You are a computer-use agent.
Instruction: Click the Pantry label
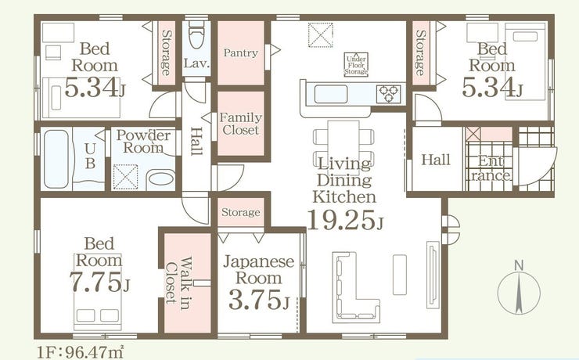(240, 52)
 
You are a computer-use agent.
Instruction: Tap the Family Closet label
(240, 124)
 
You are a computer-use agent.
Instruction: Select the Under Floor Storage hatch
(356, 65)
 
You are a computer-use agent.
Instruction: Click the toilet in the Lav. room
(197, 35)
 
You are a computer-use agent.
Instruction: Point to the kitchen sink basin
(331, 94)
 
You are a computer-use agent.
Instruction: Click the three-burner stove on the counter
(388, 94)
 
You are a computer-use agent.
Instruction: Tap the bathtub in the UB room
(56, 159)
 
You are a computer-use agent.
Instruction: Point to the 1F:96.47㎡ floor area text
(80, 351)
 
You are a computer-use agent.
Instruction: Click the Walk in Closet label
(178, 280)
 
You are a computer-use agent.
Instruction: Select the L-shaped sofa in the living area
(356, 287)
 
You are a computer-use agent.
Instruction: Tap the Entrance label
(490, 168)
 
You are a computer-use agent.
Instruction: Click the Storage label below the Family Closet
(241, 212)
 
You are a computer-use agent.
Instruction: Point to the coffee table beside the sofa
(400, 275)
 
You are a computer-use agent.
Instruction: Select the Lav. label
(197, 63)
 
